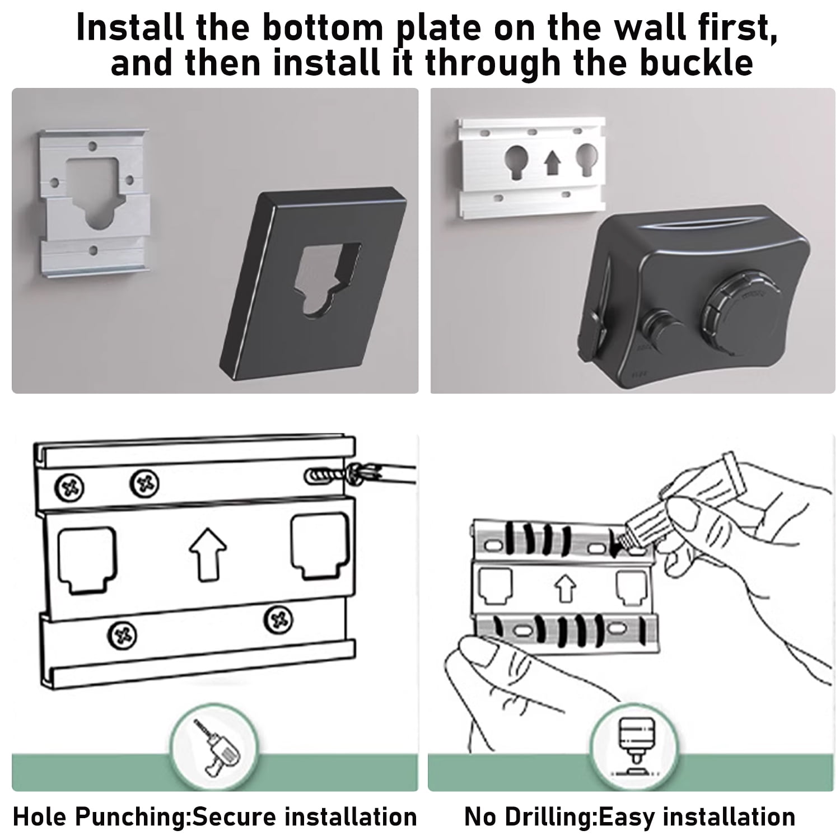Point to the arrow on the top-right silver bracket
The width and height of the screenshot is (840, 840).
pyautogui.click(x=553, y=164)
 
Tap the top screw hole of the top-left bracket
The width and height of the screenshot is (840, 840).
pyautogui.click(x=93, y=147)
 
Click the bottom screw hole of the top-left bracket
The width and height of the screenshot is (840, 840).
pyautogui.click(x=94, y=250)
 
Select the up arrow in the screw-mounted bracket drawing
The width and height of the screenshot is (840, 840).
pyautogui.click(x=208, y=554)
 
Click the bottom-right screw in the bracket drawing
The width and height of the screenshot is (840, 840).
pyautogui.click(x=278, y=619)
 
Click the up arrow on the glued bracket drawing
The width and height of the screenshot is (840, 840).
pyautogui.click(x=564, y=590)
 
